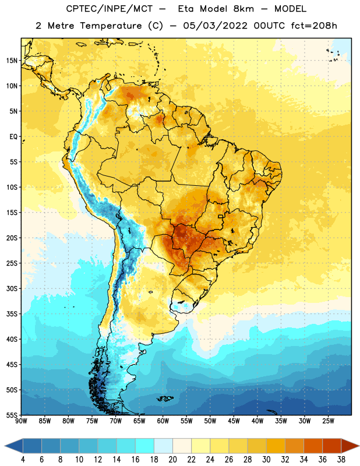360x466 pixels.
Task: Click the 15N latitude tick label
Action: (x=12, y=61)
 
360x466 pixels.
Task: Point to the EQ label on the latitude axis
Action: (x=13, y=137)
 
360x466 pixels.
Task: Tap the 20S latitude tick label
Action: (x=12, y=238)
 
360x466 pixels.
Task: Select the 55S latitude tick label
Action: (x=12, y=415)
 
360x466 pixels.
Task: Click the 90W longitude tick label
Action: (x=21, y=421)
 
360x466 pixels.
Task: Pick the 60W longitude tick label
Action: (x=163, y=421)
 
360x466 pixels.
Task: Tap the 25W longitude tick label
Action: (x=328, y=421)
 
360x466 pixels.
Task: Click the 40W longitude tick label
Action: (x=257, y=421)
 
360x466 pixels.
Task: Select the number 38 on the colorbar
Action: (x=341, y=460)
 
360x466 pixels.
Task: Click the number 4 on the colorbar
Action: (x=23, y=460)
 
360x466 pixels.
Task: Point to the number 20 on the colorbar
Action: (x=172, y=460)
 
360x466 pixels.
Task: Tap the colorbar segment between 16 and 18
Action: (x=145, y=446)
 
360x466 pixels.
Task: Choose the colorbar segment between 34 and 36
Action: (x=313, y=446)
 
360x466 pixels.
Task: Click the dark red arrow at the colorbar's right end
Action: (x=350, y=446)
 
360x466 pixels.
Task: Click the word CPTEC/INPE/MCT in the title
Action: (x=110, y=9)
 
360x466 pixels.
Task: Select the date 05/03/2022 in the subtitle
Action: (x=215, y=26)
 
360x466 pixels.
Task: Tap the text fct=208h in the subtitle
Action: (x=314, y=26)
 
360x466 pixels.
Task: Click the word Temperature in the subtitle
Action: (x=111, y=26)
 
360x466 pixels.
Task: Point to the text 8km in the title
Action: (x=243, y=9)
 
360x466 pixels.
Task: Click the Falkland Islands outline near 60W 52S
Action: (x=165, y=398)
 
